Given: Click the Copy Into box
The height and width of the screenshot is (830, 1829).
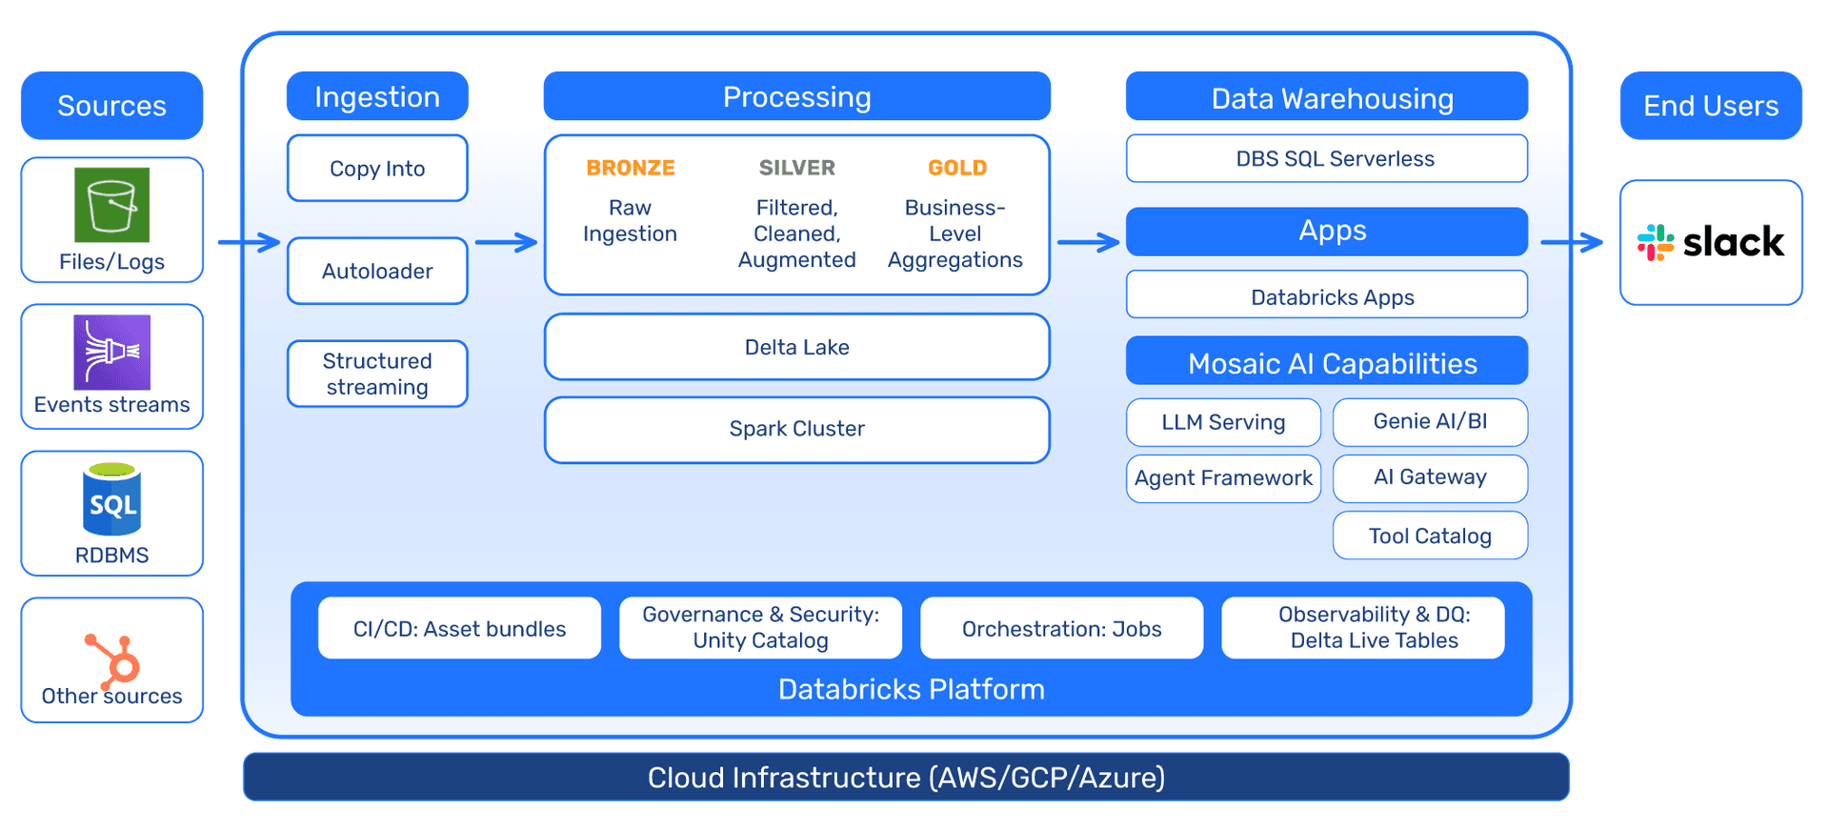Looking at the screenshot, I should pyautogui.click(x=377, y=169).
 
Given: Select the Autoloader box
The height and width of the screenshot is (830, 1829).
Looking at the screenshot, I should pyautogui.click(x=377, y=272).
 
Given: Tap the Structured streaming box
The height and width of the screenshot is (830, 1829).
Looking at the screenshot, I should pyautogui.click(x=377, y=374).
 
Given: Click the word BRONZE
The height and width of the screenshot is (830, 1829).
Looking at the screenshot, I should pyautogui.click(x=631, y=168).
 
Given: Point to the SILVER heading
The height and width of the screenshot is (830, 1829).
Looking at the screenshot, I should pyautogui.click(x=797, y=168).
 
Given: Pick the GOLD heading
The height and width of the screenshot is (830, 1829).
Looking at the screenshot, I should pyautogui.click(x=957, y=168).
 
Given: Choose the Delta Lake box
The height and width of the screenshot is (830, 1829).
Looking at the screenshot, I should pyautogui.click(x=797, y=348).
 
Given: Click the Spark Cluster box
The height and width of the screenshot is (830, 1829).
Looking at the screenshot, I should pyautogui.click(x=797, y=429).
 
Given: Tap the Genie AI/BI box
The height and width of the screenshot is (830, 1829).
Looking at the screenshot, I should pyautogui.click(x=1430, y=421).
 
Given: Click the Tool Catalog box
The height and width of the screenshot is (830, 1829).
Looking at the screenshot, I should pyautogui.click(x=1430, y=536).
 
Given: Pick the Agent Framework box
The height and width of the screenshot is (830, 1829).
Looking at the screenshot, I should pyautogui.click(x=1223, y=478).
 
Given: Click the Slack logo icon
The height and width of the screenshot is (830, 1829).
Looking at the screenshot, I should pyautogui.click(x=1656, y=243).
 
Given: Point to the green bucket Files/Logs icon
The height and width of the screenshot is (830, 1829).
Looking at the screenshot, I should pyautogui.click(x=112, y=205).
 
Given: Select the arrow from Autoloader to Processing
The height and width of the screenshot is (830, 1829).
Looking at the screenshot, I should pyautogui.click(x=507, y=242).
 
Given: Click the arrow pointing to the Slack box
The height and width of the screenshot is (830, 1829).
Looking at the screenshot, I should pyautogui.click(x=1573, y=242).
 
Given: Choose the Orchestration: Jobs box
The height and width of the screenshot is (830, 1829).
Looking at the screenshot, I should pyautogui.click(x=1061, y=629).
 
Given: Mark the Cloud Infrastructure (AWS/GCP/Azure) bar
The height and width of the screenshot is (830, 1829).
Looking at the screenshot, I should pyautogui.click(x=906, y=778).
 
